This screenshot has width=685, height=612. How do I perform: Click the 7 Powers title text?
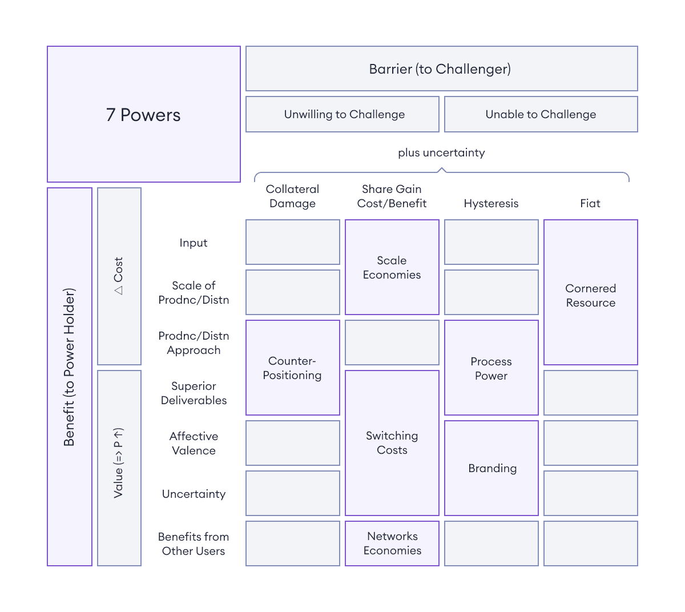(x=143, y=115)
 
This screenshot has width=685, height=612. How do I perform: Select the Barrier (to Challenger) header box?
(x=441, y=69)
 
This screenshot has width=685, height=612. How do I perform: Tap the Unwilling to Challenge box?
(x=342, y=114)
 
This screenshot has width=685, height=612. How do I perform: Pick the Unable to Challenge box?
(x=541, y=114)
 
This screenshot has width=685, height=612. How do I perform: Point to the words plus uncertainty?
(x=441, y=153)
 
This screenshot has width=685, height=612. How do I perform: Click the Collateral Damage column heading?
(x=292, y=196)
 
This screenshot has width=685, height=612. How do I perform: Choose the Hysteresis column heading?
(x=491, y=203)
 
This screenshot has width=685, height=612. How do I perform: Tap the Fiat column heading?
(x=590, y=203)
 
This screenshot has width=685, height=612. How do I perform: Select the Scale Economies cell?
(x=392, y=267)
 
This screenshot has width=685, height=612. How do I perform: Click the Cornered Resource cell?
(x=590, y=292)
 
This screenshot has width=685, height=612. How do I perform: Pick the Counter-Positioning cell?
(x=292, y=368)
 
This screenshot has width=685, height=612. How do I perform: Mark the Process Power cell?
(x=491, y=368)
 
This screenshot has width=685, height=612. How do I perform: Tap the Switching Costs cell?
(x=392, y=442)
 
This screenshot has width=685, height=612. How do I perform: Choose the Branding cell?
(x=491, y=468)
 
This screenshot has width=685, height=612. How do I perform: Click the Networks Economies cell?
(x=392, y=543)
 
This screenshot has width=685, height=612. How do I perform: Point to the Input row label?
(x=194, y=243)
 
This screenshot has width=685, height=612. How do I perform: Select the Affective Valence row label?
(x=194, y=443)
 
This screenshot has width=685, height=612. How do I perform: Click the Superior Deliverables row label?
(x=194, y=393)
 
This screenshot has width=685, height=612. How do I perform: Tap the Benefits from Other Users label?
(x=194, y=543)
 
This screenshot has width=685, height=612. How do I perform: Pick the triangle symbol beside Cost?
(x=118, y=290)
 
